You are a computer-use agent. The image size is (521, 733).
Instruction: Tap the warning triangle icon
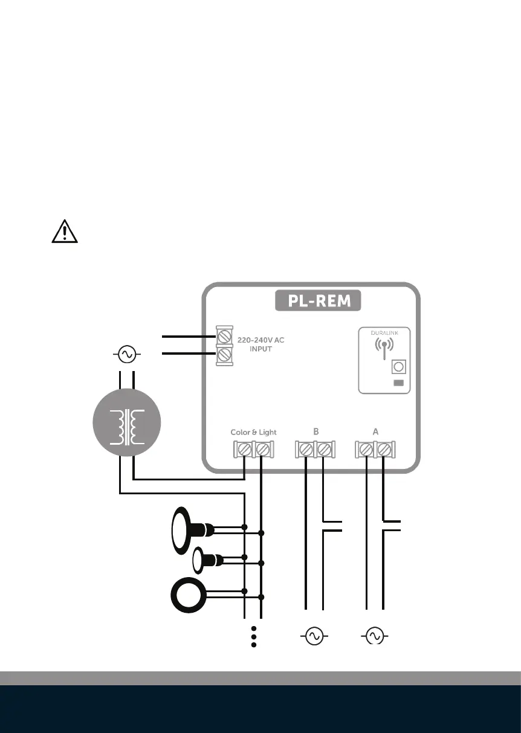pyautogui.click(x=65, y=231)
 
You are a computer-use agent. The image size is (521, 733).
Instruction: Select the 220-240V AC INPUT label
pyautogui.click(x=262, y=344)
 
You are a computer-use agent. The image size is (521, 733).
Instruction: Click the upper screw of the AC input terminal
pyautogui.click(x=225, y=335)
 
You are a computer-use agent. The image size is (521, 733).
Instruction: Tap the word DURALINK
pyautogui.click(x=384, y=332)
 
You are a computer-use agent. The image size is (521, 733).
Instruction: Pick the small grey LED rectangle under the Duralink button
pyautogui.click(x=398, y=383)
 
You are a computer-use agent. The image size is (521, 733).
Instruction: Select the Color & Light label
pyautogui.click(x=253, y=432)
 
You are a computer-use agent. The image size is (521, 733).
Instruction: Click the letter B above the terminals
pyautogui.click(x=316, y=432)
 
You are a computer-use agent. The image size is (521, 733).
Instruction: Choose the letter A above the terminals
pyautogui.click(x=375, y=432)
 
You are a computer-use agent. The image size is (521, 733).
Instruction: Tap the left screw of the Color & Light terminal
pyautogui.click(x=245, y=449)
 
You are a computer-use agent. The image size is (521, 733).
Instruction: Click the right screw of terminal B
pyautogui.click(x=325, y=449)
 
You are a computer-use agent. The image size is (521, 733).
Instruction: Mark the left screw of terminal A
pyautogui.click(x=366, y=449)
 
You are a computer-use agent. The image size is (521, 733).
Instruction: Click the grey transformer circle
pyautogui.click(x=128, y=427)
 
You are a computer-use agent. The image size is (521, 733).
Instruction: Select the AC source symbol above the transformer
pyautogui.click(x=128, y=354)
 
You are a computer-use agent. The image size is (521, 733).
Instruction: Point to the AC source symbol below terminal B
pyautogui.click(x=314, y=636)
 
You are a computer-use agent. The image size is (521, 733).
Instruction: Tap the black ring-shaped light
pyautogui.click(x=189, y=595)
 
